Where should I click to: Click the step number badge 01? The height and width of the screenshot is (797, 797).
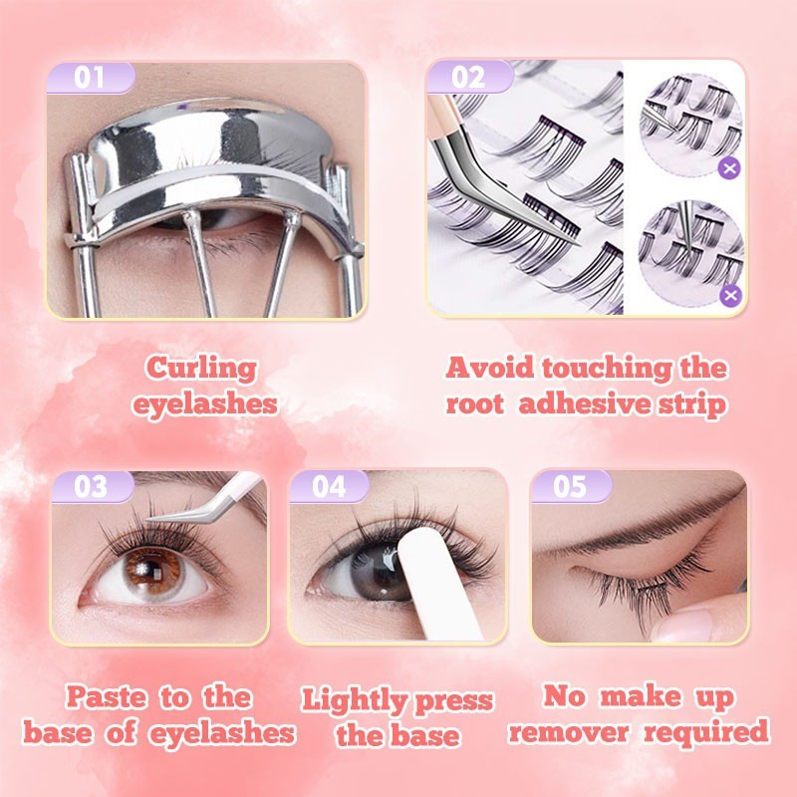pyautogui.click(x=91, y=78)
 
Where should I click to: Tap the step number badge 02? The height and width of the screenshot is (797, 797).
pyautogui.click(x=469, y=78)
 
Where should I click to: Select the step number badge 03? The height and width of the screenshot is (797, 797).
pyautogui.click(x=92, y=487)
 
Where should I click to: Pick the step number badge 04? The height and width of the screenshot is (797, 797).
pyautogui.click(x=329, y=487)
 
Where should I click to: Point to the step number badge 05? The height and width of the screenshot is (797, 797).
pyautogui.click(x=570, y=486)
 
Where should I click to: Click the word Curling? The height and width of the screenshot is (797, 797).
pyautogui.click(x=201, y=369)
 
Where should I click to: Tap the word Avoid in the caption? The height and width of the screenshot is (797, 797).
pyautogui.click(x=489, y=368)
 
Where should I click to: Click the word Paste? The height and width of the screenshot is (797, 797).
pyautogui.click(x=107, y=696)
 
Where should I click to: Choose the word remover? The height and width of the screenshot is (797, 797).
pyautogui.click(x=569, y=732)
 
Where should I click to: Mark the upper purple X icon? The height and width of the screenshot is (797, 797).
pyautogui.click(x=730, y=168)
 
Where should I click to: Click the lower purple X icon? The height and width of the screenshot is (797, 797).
pyautogui.click(x=730, y=295)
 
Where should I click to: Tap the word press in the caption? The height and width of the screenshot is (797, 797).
pyautogui.click(x=454, y=701)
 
